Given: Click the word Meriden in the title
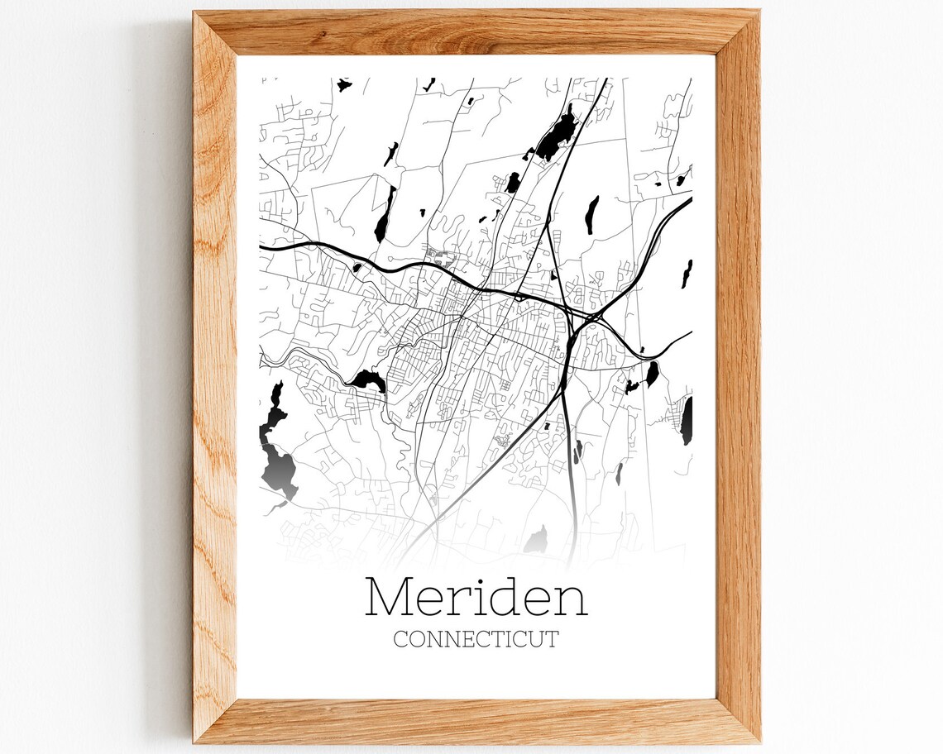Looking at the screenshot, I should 476,597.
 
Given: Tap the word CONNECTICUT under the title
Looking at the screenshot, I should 476,639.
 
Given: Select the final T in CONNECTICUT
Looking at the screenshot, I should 552,639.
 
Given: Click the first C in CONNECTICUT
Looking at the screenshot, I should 400,639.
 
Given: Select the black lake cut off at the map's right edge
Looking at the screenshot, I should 687,420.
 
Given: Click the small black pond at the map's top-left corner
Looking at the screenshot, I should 342,84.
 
